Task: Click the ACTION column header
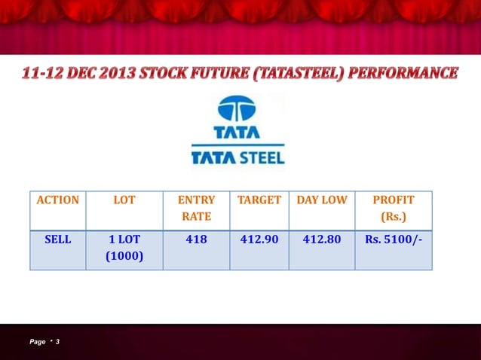[x=57, y=200]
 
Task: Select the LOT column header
[x=124, y=200]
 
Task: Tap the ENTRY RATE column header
[x=196, y=208]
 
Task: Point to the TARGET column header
[x=259, y=200]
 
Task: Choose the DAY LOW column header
[x=322, y=200]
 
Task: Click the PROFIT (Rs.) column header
[x=394, y=208]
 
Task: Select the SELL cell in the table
[x=57, y=239]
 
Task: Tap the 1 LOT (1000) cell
[x=124, y=248]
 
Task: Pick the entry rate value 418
[x=196, y=239]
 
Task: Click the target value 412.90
[x=259, y=239]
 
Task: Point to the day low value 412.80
[x=322, y=239]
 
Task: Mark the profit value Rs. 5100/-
[x=394, y=239]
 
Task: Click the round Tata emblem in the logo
[x=237, y=108]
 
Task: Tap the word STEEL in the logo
[x=262, y=158]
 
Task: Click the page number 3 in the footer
[x=57, y=343]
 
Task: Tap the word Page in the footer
[x=37, y=343]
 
